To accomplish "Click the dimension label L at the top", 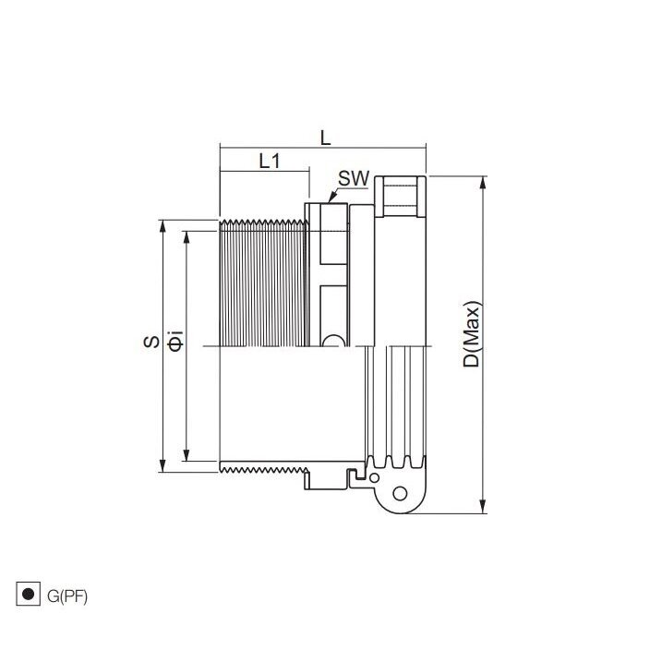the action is point(326,138).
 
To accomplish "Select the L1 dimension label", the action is point(270,161).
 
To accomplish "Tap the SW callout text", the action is point(354,178).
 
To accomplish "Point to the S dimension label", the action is point(151,342).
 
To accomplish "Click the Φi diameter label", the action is point(175,341).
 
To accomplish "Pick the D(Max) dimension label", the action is point(471,334).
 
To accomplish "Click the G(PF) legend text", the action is point(67,596).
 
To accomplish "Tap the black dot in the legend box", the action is point(29,594).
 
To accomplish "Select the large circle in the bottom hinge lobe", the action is point(400,493).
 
